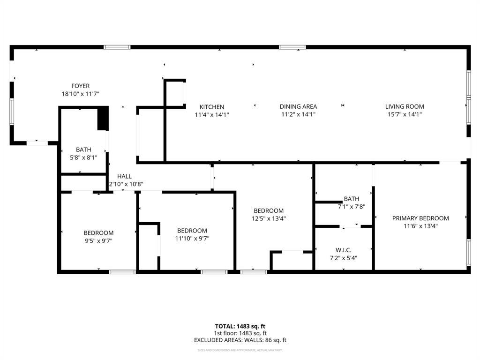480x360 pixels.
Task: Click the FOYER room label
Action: click(80, 86)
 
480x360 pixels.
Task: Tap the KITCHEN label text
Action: click(212, 107)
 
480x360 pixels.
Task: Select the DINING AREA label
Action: click(299, 106)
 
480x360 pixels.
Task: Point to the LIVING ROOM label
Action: click(404, 106)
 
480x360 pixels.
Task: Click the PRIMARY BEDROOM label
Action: click(420, 218)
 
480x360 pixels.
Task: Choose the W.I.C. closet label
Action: click(344, 250)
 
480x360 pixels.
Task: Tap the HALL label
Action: click(124, 176)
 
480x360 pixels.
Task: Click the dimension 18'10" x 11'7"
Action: click(80, 94)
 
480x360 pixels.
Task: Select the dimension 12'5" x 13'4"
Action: click(269, 218)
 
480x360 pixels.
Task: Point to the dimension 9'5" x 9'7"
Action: click(98, 240)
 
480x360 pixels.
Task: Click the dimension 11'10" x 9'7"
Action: click(192, 238)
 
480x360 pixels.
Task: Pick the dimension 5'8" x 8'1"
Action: click(83, 157)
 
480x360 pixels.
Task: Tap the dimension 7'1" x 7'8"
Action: click(351, 206)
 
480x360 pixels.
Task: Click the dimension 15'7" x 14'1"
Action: click(404, 114)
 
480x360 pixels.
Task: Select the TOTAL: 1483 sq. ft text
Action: click(240, 326)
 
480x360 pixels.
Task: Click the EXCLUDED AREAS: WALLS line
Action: click(240, 340)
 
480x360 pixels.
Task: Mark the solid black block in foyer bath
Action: click(103, 119)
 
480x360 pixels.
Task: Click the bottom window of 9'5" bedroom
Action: click(122, 271)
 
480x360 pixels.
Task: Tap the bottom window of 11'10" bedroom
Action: click(214, 271)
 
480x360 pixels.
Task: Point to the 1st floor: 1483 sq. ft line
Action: click(240, 333)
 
